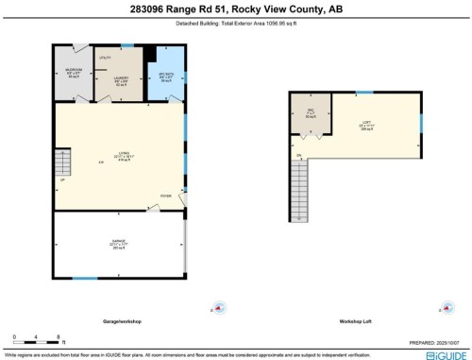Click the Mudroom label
[73, 73]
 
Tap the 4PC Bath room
[165, 78]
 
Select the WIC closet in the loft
[311, 115]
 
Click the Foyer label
[165, 197]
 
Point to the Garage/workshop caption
[121, 321]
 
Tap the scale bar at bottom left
[35, 338]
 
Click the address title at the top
[235, 10]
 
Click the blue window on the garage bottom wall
[85, 278]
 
